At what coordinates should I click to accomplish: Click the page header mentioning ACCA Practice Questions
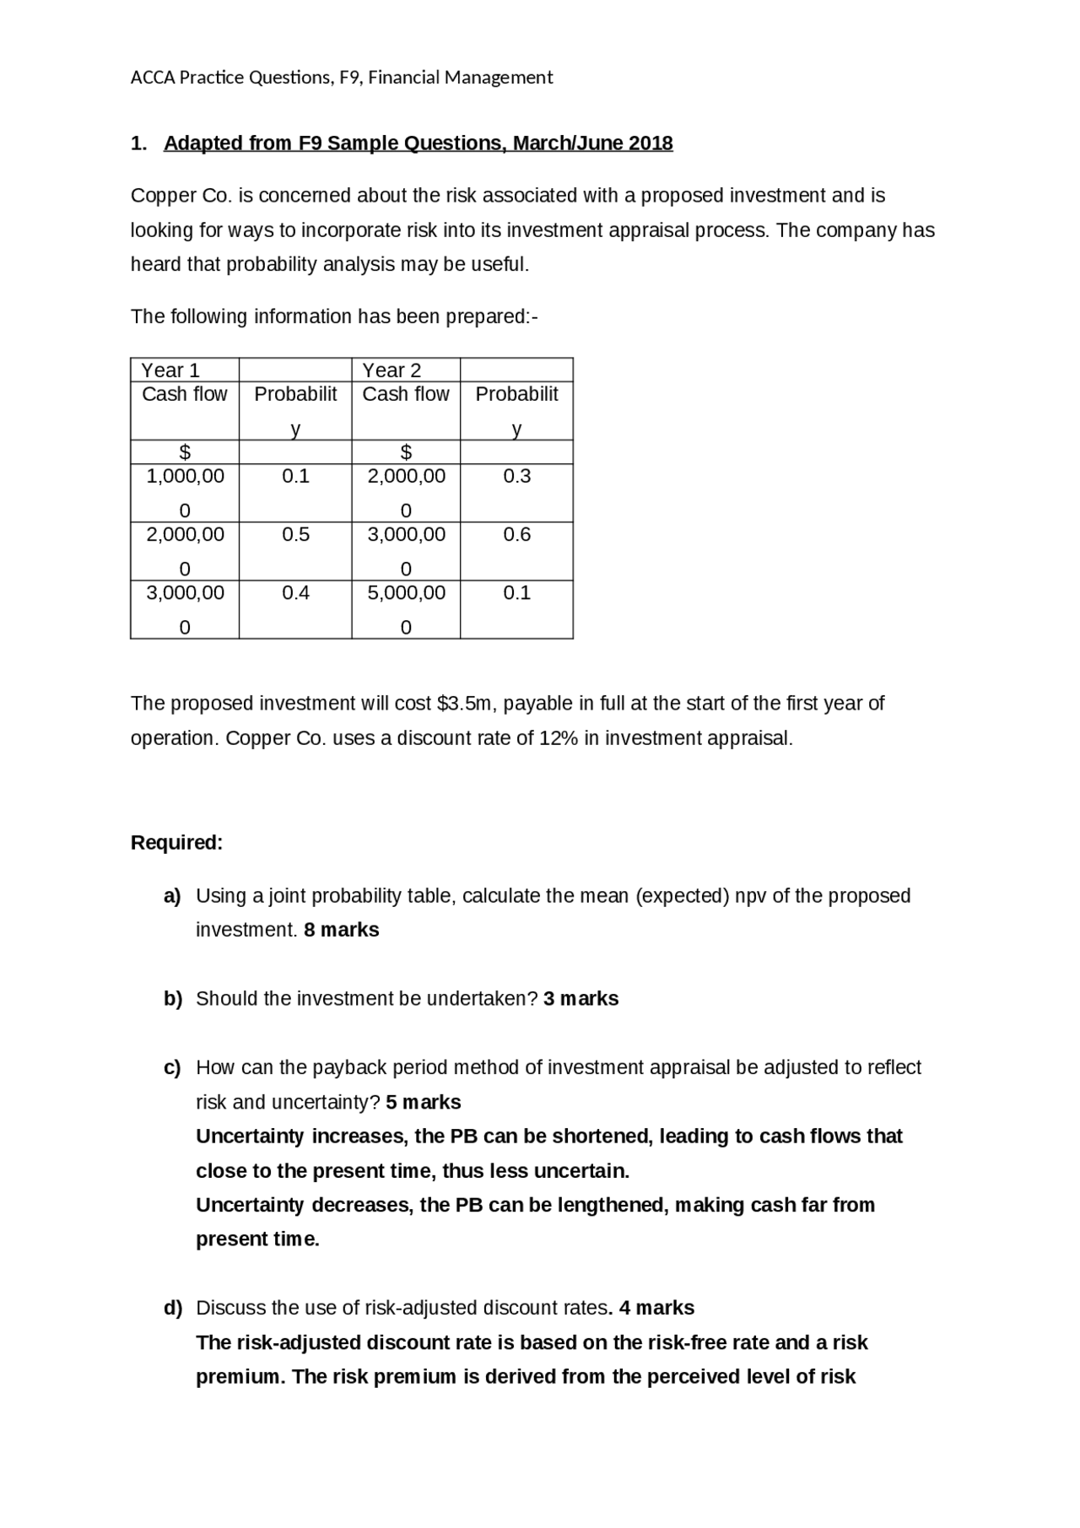pyautogui.click(x=341, y=78)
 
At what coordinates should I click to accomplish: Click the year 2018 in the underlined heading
pyautogui.click(x=651, y=143)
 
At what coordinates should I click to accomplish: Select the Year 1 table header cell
pyautogui.click(x=170, y=370)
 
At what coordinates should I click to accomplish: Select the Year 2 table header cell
pyautogui.click(x=391, y=370)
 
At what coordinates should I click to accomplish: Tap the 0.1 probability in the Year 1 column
pyautogui.click(x=295, y=477)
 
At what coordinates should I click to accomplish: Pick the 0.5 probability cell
pyautogui.click(x=295, y=535)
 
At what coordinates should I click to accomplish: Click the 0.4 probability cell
pyautogui.click(x=295, y=593)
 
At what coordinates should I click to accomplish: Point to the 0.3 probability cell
pyautogui.click(x=516, y=477)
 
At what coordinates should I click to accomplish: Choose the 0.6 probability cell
pyautogui.click(x=516, y=535)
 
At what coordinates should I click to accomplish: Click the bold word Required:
pyautogui.click(x=176, y=843)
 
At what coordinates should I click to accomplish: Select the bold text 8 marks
pyautogui.click(x=341, y=930)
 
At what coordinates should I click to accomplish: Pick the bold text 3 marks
pyautogui.click(x=580, y=999)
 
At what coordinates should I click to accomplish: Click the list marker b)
pyautogui.click(x=173, y=999)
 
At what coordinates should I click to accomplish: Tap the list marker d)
pyautogui.click(x=173, y=1309)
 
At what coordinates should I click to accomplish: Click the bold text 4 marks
pyautogui.click(x=656, y=1309)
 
